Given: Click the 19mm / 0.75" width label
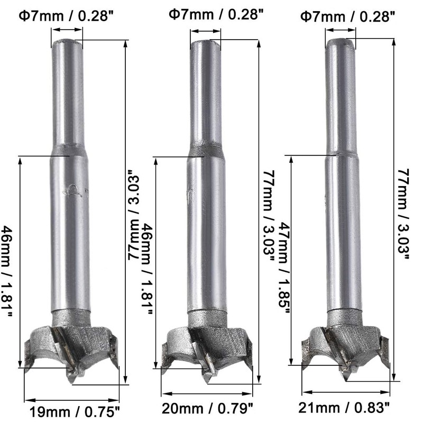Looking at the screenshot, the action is (74, 412).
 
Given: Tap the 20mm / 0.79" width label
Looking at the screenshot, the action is (208, 408).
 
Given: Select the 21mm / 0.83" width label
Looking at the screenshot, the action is (344, 408).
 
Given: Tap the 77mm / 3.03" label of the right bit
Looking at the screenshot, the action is (403, 214).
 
